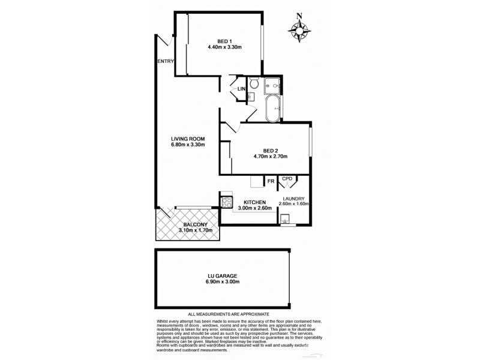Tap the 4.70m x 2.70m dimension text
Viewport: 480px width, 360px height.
pos(271,157)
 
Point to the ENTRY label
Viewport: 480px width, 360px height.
pos(165,62)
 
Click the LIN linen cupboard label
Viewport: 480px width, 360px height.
pos(241,89)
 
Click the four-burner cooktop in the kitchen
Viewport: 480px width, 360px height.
pos(227,203)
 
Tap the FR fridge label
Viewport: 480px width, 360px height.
pos(271,179)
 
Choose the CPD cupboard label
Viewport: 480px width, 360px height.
pos(287,178)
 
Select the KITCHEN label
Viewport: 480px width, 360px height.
pos(255,202)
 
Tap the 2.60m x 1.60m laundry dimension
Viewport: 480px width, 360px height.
pos(293,204)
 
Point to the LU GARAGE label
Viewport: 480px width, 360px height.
pos(222,276)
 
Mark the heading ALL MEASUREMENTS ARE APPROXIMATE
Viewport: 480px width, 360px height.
pos(229,314)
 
